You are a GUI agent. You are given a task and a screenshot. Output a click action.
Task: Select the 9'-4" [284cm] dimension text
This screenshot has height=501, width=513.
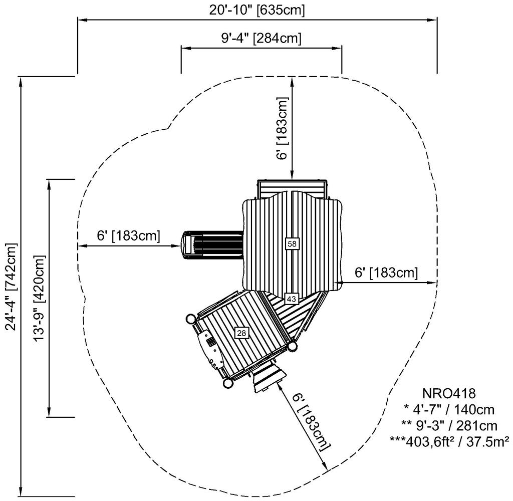(x=261, y=39)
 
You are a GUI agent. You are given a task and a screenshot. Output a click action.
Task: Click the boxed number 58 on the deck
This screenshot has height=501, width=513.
(x=292, y=243)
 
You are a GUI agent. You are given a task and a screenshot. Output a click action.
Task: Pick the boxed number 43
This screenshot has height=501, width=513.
(x=292, y=299)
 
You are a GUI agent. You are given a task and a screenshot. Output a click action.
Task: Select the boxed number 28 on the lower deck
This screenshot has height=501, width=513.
(x=241, y=333)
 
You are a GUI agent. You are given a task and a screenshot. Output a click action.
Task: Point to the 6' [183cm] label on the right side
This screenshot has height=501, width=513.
(x=386, y=273)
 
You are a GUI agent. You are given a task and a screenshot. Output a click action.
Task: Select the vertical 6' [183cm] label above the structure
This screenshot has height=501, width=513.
(x=283, y=129)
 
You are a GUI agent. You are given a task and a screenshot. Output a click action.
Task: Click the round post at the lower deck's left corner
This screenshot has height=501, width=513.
(x=191, y=319)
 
